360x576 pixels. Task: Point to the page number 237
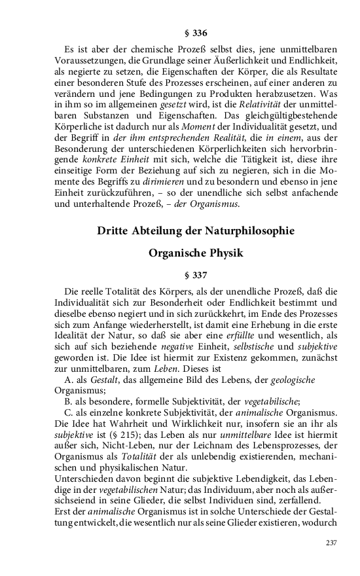click(x=333, y=542)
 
